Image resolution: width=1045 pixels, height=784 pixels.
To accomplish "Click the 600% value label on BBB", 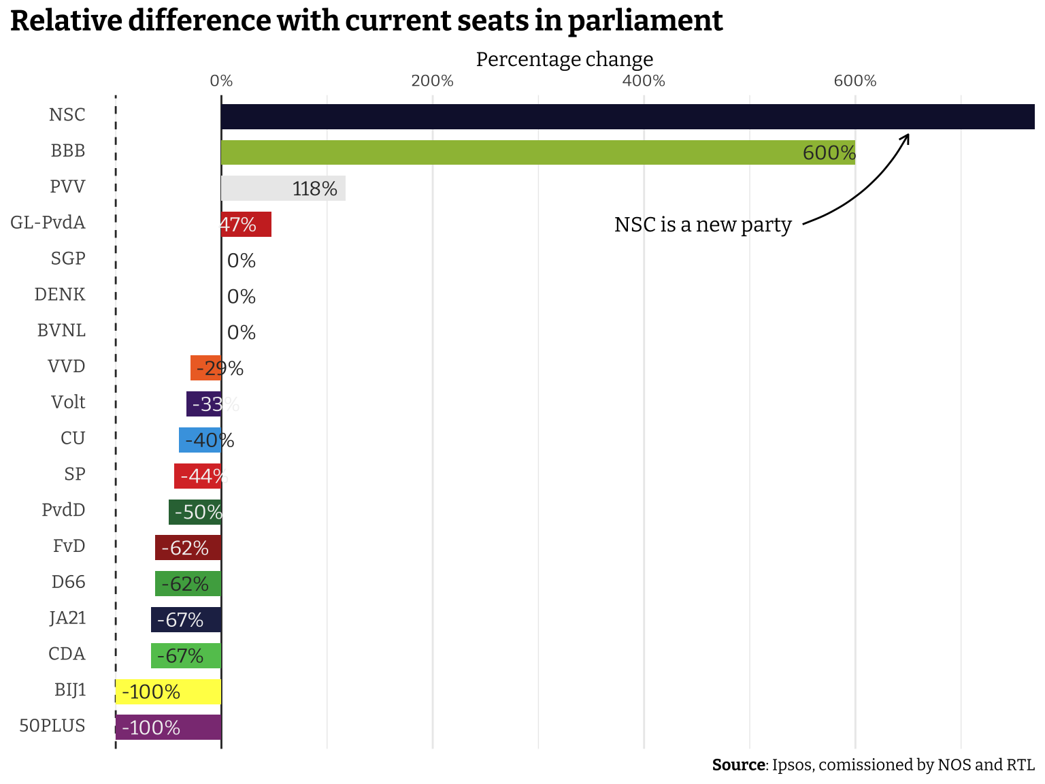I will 829,153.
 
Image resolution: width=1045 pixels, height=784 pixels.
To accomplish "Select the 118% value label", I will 314,189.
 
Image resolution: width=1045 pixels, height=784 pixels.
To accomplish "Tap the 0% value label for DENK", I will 242,297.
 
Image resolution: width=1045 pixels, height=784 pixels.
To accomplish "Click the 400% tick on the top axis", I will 644,81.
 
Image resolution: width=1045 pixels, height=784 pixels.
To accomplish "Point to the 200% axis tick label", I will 433,81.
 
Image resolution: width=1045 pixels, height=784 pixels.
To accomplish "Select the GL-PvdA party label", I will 48,223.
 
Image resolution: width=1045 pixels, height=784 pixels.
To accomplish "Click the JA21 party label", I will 68,618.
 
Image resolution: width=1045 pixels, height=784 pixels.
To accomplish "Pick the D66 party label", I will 69,582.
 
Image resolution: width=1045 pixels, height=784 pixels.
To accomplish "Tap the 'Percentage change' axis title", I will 564,59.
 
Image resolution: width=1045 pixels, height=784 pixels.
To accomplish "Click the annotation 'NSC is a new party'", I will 703,225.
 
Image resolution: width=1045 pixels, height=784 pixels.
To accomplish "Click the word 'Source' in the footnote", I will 738,765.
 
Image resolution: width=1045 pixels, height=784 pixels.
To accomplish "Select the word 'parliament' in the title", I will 645,20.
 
